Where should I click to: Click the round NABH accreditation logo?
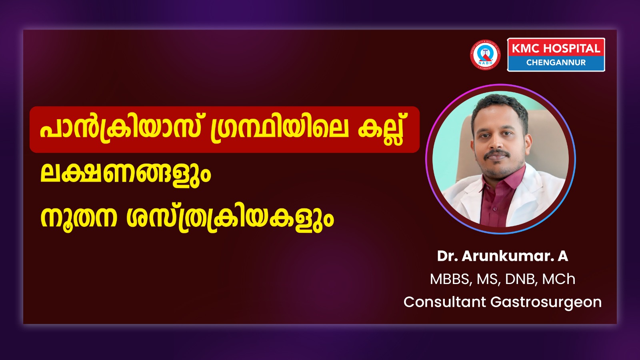point(485,54)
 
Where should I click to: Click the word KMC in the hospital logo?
point(526,48)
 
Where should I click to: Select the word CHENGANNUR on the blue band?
point(556,62)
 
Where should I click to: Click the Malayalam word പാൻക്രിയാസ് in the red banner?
point(120,130)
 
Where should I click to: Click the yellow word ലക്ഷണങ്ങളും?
point(126,173)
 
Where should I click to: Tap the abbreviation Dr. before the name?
point(448,256)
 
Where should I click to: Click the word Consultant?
point(445,302)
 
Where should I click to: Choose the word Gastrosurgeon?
point(546,303)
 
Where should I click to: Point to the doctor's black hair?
point(500,107)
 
